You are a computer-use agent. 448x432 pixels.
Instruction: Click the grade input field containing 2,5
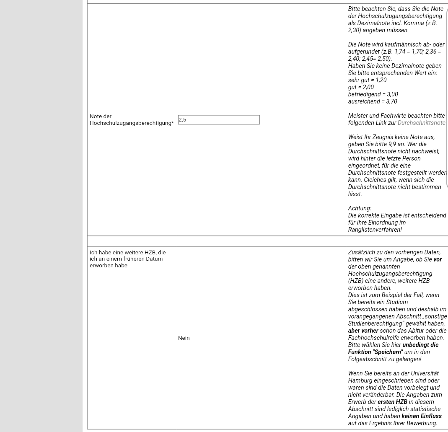click(x=218, y=120)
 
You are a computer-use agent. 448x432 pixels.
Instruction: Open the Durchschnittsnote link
click(x=421, y=123)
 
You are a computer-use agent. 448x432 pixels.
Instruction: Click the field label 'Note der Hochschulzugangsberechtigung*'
click(x=132, y=119)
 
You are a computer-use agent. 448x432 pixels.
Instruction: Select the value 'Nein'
click(x=184, y=338)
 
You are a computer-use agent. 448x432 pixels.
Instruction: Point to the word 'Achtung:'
click(x=359, y=208)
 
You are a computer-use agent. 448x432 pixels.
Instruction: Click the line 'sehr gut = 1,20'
click(x=367, y=80)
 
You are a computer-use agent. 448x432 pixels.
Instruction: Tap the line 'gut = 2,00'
click(x=361, y=87)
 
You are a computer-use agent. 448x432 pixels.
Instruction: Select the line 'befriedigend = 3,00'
click(x=373, y=94)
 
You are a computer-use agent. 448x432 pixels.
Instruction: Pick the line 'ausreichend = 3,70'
click(x=373, y=101)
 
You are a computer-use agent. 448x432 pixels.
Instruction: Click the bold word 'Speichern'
click(x=387, y=352)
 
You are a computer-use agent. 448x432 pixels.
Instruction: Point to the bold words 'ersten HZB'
click(x=392, y=402)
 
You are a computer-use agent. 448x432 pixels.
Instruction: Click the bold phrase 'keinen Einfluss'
click(x=421, y=416)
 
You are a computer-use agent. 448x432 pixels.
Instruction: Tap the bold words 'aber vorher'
click(x=363, y=331)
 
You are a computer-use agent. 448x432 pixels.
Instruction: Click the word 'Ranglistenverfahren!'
click(x=375, y=230)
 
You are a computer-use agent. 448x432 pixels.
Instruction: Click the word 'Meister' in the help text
click(x=357, y=116)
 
